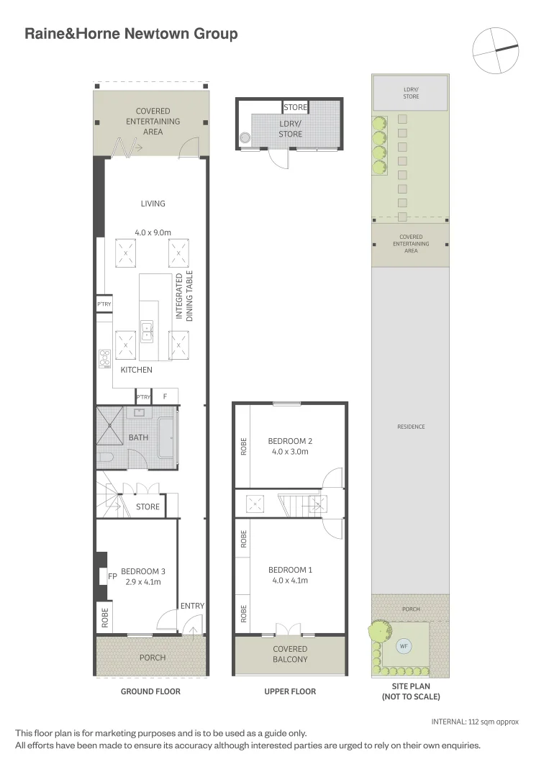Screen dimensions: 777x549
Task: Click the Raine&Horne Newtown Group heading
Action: click(131, 33)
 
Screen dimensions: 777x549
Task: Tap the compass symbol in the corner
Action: click(495, 50)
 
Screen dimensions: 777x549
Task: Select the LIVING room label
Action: click(153, 204)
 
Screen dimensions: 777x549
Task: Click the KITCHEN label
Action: click(136, 370)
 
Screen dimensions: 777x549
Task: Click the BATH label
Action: click(138, 437)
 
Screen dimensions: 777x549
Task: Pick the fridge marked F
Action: click(165, 396)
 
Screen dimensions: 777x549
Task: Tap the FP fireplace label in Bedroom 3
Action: click(112, 576)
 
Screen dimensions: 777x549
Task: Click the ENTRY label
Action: click(192, 606)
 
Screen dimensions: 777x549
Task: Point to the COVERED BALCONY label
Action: click(290, 654)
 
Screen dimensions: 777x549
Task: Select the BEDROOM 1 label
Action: click(290, 570)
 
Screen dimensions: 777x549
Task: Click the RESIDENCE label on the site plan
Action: click(411, 427)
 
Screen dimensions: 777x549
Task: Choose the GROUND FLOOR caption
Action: click(150, 691)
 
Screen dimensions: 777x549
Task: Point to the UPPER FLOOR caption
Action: click(290, 691)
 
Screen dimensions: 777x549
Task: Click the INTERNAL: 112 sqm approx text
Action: click(475, 722)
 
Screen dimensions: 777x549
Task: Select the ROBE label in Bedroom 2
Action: click(244, 447)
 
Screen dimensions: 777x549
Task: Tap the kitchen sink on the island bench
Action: click(148, 330)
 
